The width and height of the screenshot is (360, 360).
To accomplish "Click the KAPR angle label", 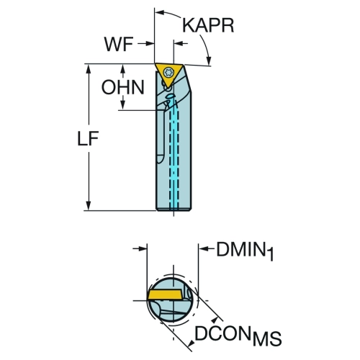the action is point(208,26).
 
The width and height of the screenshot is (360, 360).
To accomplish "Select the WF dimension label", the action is point(119,44).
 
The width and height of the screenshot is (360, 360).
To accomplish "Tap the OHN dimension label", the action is point(123,87).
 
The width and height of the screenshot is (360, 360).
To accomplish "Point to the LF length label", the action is point(88,138).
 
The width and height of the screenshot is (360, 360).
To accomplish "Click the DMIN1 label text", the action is point(245,251).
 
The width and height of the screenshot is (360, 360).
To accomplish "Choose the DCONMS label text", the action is point(238,335).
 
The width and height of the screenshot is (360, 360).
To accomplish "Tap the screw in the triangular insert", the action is point(169,72).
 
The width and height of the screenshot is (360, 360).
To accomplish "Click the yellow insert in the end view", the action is point(165,294).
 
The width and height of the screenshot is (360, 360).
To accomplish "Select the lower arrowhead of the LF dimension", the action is point(89,205).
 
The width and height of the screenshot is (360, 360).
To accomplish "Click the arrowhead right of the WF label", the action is point(150,44).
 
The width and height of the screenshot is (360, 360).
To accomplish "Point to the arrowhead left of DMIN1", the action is point(204,249).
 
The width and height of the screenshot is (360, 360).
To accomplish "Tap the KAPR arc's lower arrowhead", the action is point(210,60).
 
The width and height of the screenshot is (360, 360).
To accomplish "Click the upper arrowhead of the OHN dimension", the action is point(123,69).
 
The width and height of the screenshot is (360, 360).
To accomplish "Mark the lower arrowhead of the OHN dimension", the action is point(123,105).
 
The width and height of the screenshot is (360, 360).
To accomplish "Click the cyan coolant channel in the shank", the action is point(174,158).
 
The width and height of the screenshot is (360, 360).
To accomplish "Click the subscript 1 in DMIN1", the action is point(270,255).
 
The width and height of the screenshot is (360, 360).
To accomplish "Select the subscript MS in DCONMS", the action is point(266,339).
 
